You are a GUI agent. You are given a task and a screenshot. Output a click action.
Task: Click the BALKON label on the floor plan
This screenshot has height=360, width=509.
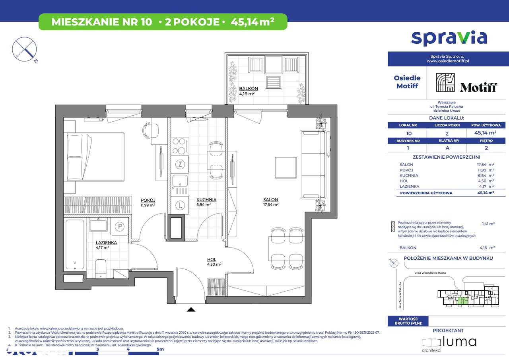[x=249, y=89]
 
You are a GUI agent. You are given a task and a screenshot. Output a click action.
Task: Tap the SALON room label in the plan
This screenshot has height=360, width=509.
[x=270, y=200]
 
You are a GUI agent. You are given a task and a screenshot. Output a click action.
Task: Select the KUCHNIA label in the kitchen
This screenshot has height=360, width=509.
[x=206, y=200]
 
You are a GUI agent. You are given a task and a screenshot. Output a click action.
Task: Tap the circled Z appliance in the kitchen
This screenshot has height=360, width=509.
[x=180, y=164]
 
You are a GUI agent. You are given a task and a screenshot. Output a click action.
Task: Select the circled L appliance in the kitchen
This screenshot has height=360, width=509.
[x=180, y=205]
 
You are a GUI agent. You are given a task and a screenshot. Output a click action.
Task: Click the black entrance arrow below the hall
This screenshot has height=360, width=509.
[x=191, y=309]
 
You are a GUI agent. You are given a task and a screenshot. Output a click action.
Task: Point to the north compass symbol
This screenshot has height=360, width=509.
[x=25, y=50]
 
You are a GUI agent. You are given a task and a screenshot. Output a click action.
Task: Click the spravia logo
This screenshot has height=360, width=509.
[x=449, y=38]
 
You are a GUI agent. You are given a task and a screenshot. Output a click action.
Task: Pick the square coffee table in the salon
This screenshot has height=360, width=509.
[x=286, y=167]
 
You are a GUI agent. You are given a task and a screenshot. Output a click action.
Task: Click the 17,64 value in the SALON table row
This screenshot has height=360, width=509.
[x=477, y=165]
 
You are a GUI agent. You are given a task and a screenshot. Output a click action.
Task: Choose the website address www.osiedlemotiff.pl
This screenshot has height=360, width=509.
[x=448, y=61]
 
